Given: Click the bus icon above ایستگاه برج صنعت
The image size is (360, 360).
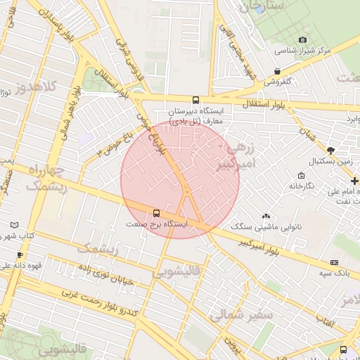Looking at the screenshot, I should point(155,213).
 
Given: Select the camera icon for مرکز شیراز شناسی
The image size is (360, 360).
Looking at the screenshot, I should point(303,39).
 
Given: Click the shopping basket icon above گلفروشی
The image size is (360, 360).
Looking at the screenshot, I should point(278,71).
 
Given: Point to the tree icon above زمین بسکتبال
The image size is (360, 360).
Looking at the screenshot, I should point(330,151).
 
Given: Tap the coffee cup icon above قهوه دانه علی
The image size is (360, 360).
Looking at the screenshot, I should point(20,255).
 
